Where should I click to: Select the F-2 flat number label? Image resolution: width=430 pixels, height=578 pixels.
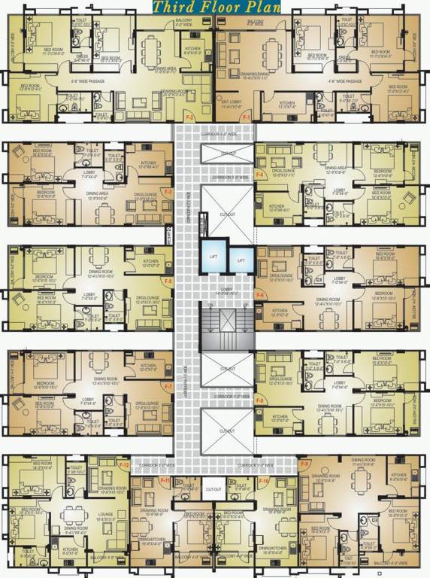pyautogui.click(x=189, y=118)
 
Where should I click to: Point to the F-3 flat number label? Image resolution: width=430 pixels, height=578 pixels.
pyautogui.click(x=168, y=193)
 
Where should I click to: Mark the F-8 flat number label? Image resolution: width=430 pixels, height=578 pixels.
pyautogui.click(x=260, y=400)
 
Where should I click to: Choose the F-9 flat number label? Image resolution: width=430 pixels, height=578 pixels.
pyautogui.click(x=304, y=464)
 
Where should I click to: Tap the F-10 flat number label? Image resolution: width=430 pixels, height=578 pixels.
pyautogui.click(x=264, y=480)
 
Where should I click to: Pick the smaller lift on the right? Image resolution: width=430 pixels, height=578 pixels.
pyautogui.click(x=241, y=260)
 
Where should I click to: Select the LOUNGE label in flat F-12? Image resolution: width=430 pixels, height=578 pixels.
pyautogui.click(x=104, y=515)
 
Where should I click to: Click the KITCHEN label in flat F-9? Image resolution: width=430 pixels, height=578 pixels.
pyautogui.click(x=398, y=474)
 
